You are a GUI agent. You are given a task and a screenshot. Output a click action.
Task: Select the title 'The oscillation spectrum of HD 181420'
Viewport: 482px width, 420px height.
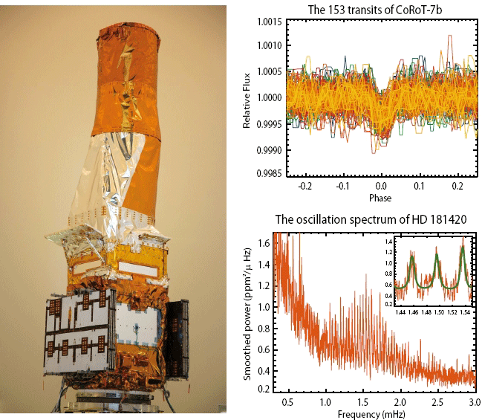(362, 219)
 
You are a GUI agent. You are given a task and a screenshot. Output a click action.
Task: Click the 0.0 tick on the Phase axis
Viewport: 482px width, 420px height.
(380, 188)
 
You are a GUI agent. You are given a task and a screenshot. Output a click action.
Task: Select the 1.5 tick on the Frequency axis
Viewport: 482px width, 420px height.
(360, 401)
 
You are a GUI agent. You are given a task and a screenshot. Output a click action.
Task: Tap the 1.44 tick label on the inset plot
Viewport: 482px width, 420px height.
(401, 313)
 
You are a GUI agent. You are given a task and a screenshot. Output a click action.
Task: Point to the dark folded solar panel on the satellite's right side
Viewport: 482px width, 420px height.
(176, 338)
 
